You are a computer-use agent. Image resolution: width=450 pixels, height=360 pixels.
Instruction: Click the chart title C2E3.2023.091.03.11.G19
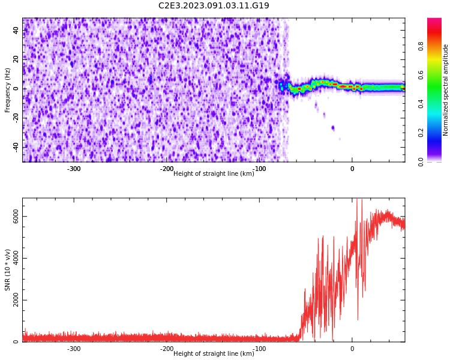coord(214,6)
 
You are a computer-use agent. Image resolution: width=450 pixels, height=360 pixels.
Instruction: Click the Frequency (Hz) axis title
coord(8,90)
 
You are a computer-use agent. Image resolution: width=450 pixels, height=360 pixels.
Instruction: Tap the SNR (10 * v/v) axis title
coord(8,270)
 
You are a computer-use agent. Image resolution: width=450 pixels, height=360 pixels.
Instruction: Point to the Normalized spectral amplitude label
coord(446,90)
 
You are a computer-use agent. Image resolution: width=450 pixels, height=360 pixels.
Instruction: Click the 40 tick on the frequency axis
coord(16,31)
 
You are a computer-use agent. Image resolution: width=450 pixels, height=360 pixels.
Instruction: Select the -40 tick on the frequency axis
coord(14,147)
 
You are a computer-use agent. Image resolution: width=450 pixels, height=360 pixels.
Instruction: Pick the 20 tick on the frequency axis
coord(16,59)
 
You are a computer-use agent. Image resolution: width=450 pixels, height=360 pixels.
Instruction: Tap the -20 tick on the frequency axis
coord(14,118)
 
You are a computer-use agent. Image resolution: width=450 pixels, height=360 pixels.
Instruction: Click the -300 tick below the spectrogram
coord(74,169)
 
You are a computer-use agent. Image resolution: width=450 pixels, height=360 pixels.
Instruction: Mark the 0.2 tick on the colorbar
coord(421,133)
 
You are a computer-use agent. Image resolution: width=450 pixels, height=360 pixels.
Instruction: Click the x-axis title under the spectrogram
coord(214,174)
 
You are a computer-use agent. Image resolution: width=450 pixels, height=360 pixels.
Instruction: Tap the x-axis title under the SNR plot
coord(214,354)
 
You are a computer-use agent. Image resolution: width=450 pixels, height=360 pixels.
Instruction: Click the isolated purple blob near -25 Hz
coord(333,128)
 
